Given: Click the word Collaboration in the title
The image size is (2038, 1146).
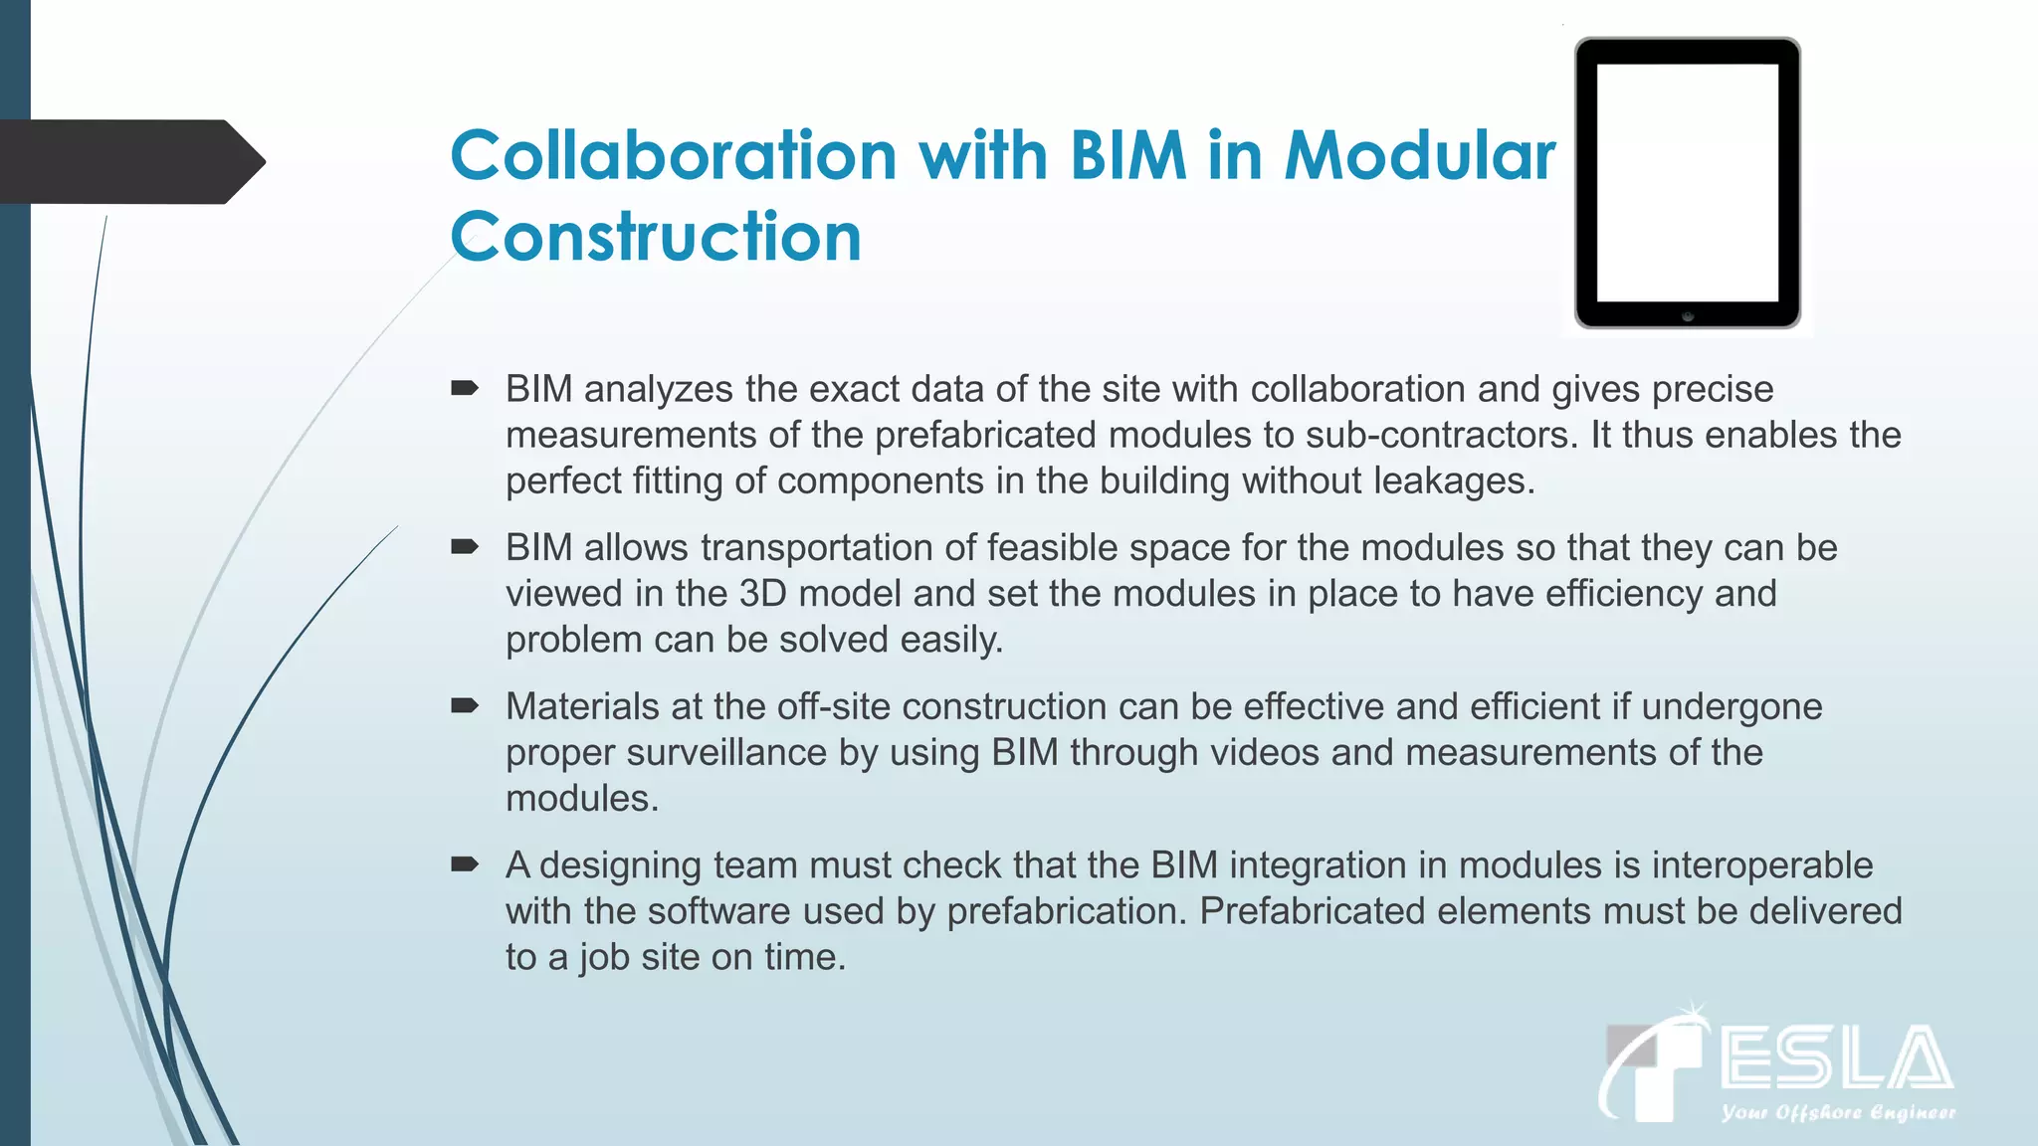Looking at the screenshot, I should click(674, 156).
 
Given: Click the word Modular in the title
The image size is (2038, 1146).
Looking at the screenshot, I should click(1420, 156).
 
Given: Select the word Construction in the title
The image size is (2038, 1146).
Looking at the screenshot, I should click(656, 237).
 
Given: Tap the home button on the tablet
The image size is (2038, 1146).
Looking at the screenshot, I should click(1688, 315).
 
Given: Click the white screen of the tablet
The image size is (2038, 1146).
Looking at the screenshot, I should click(1688, 182).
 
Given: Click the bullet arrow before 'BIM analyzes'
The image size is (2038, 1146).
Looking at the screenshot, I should click(465, 388).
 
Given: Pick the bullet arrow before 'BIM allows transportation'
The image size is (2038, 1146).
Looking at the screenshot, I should click(465, 546).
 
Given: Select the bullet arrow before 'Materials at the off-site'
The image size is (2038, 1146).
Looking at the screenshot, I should click(465, 705).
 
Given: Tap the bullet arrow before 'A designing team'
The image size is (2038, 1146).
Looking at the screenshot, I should click(465, 863).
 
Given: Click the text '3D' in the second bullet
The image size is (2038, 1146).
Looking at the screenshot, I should click(762, 594).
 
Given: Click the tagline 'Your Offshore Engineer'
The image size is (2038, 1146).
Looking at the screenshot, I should click(1838, 1112).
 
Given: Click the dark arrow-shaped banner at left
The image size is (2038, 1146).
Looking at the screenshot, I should click(129, 162).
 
